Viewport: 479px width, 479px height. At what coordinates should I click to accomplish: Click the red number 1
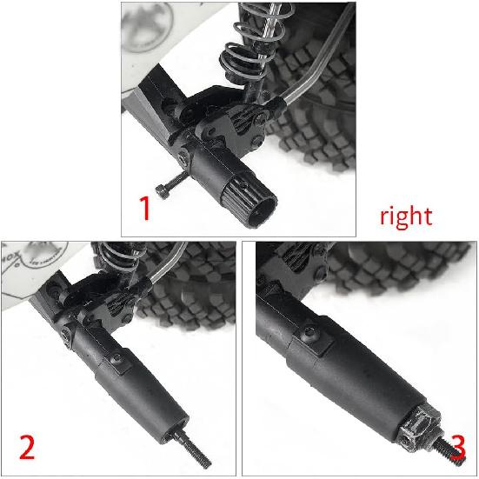pyautogui.click(x=147, y=210)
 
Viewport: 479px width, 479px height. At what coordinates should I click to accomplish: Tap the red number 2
pyautogui.click(x=27, y=448)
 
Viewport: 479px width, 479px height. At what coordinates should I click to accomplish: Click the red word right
pyautogui.click(x=405, y=215)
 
